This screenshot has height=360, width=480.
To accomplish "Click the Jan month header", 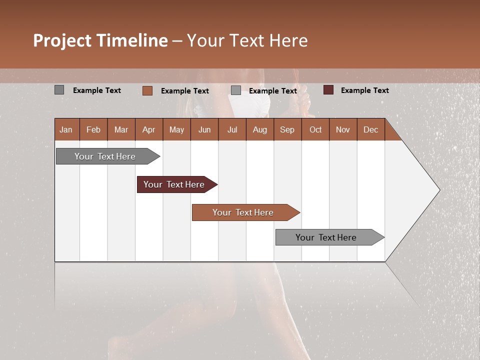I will coord(66,129).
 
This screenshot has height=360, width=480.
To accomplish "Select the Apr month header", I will coord(148,129).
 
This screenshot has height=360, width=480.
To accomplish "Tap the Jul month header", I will coord(232,129).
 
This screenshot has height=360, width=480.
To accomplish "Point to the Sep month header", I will coord(287,129).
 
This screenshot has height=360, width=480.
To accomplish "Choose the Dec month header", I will coord(370,129).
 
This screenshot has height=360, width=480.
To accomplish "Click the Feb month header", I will coord(93,129).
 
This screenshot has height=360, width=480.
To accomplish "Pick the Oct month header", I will coord(315,129).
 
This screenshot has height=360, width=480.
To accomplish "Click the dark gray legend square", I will coord(59,90).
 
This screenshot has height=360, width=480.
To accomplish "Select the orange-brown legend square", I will coord(147,90).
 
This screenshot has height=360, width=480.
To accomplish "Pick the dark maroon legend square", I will coord(328,90).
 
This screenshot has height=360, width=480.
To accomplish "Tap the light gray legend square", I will coord(236,90).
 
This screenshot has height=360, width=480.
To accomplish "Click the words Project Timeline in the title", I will coord(100,40).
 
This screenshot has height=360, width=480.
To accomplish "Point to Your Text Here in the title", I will coord(247,40).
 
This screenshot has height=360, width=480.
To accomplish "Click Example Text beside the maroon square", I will coord(364,90).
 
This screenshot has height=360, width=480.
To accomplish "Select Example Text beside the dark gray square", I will coord(97,90).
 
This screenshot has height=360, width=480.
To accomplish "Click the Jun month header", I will coord(204,129).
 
